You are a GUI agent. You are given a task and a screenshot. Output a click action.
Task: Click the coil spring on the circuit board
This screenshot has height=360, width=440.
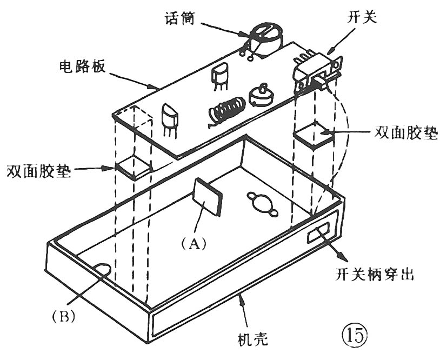pyautogui.click(x=224, y=110)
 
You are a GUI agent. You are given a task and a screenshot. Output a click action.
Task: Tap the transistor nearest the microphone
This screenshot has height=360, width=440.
pyautogui.click(x=221, y=76)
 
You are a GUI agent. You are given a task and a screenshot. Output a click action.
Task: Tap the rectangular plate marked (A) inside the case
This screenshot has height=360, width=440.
pyautogui.click(x=208, y=197)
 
